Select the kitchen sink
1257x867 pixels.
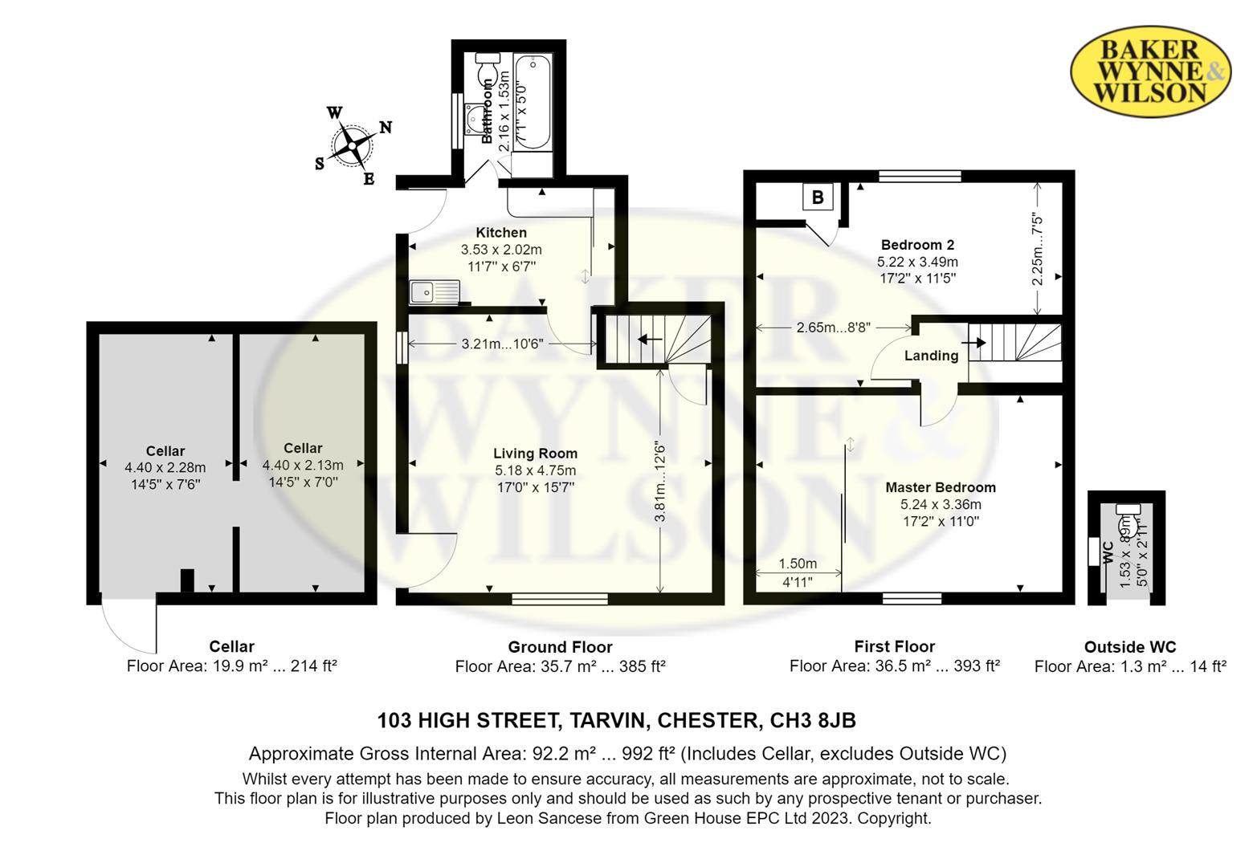click(434, 291)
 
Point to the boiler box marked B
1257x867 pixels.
click(818, 197)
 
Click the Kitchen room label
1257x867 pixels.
click(501, 233)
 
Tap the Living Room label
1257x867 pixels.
click(535, 454)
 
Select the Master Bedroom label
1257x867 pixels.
click(941, 487)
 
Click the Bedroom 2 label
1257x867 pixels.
click(917, 245)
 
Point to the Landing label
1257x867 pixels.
click(931, 356)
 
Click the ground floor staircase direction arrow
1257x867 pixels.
click(649, 340)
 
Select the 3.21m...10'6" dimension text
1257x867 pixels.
click(503, 344)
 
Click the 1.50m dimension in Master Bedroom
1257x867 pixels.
click(798, 564)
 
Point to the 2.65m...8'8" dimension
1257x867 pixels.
click(833, 328)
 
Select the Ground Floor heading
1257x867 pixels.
click(560, 647)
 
